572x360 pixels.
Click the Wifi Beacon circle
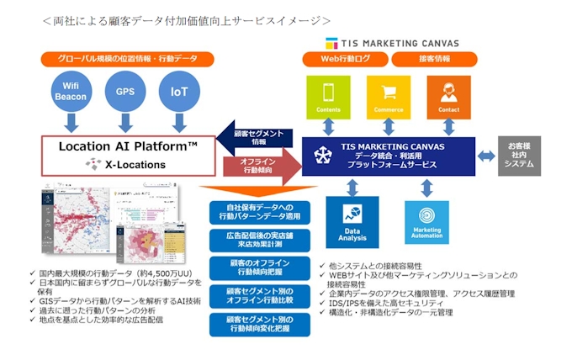72,92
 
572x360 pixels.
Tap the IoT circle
177,92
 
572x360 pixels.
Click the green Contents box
329,96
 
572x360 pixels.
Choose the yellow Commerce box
388,96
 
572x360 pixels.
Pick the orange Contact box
448,96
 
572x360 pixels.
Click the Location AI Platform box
129,155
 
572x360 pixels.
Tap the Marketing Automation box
426,222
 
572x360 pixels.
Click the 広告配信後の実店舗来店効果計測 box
257,241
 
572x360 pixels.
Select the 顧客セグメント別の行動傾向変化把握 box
257,326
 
